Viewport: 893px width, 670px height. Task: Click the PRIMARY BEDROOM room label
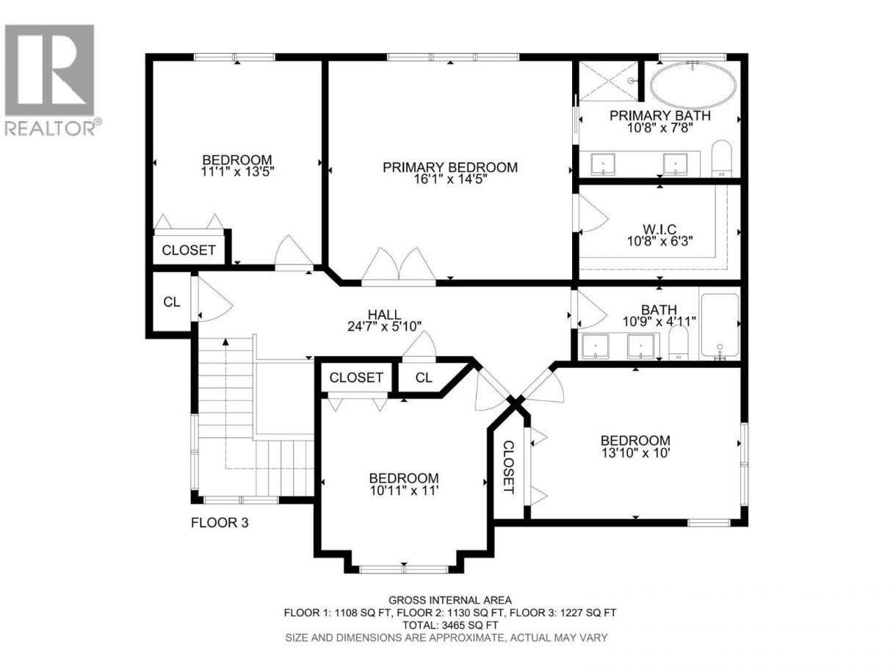[450, 167]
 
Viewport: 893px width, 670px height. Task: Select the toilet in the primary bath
[721, 159]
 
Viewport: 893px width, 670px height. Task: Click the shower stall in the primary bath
[608, 81]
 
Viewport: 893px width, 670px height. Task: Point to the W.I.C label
[659, 229]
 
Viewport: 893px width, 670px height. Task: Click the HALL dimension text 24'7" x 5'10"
[385, 326]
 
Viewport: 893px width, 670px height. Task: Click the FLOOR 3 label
[220, 522]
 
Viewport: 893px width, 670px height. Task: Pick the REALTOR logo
[52, 79]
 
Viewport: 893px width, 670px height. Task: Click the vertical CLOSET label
[508, 467]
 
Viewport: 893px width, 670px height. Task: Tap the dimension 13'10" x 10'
[635, 453]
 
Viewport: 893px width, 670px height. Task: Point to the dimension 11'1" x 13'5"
[238, 171]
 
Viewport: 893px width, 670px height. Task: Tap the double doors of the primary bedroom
[399, 264]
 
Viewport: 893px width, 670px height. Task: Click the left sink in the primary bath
[603, 164]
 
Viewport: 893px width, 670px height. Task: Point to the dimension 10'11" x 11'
[404, 491]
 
